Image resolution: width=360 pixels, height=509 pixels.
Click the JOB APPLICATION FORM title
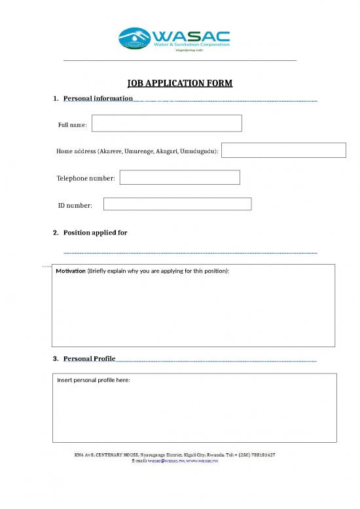[x=179, y=83]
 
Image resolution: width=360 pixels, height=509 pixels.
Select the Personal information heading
[x=98, y=98]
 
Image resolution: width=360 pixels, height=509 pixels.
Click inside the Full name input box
[x=166, y=123]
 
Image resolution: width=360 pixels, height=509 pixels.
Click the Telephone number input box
[x=179, y=178]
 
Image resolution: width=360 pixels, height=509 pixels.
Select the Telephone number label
[x=86, y=178]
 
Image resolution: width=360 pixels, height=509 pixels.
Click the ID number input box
[x=177, y=204]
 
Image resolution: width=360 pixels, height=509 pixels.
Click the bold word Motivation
[x=71, y=271]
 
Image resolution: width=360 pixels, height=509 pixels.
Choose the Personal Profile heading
[x=89, y=358]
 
